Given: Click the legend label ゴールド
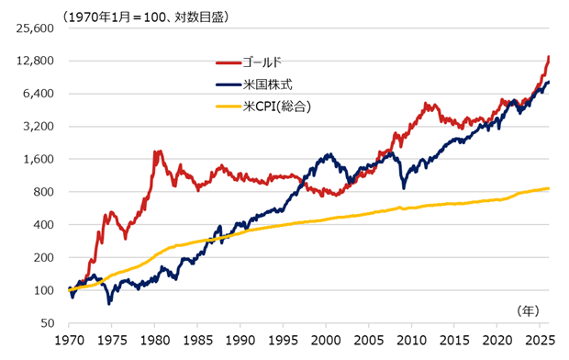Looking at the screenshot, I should pyautogui.click(x=263, y=63).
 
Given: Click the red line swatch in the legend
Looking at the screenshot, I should pyautogui.click(x=227, y=63).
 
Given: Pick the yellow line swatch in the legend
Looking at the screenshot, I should pyautogui.click(x=227, y=107).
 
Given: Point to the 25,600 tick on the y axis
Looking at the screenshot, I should pyautogui.click(x=36, y=28).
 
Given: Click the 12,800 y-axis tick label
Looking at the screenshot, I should pyautogui.click(x=36, y=61).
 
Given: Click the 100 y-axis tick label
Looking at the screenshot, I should pyautogui.click(x=43, y=290).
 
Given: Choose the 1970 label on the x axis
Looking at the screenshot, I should pyautogui.click(x=68, y=340).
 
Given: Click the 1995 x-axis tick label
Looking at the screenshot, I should pyautogui.click(x=283, y=340).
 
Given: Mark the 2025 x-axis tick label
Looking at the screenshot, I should pyautogui.click(x=541, y=340).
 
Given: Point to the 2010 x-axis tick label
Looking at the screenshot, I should pyautogui.click(x=412, y=340).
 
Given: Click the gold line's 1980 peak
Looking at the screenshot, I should pyautogui.click(x=156, y=152).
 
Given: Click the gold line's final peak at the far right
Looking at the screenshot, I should pyautogui.click(x=549, y=57).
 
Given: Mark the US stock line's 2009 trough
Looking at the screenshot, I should pyautogui.click(x=403, y=187).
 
